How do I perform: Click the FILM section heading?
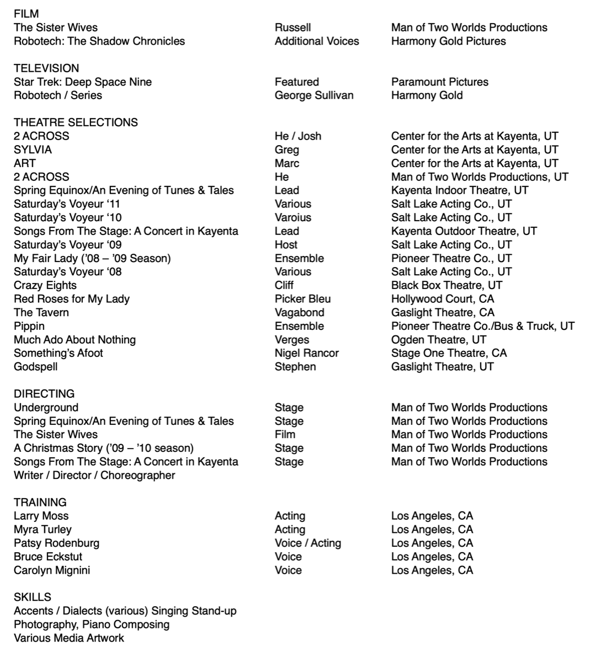(26, 14)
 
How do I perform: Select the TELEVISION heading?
(46, 68)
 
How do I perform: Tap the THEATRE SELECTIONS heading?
(76, 122)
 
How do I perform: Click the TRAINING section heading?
(40, 502)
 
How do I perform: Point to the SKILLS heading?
(32, 597)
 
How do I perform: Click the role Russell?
(292, 27)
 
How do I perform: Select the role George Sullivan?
(314, 95)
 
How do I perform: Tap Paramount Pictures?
(440, 82)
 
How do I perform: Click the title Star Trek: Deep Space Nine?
(83, 82)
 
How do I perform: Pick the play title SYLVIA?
(33, 150)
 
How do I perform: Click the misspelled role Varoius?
(292, 217)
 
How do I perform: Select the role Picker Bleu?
(302, 298)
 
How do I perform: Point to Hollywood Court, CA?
(443, 298)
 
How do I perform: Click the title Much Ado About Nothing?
(74, 339)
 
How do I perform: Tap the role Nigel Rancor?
(306, 353)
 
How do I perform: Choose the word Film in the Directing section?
(285, 434)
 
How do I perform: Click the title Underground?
(46, 407)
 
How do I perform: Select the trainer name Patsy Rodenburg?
(56, 543)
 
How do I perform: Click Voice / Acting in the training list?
(307, 543)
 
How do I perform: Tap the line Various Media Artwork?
(69, 638)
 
